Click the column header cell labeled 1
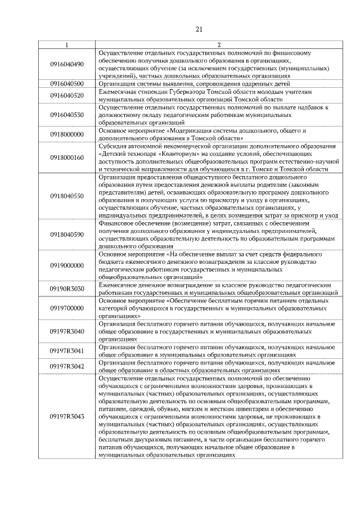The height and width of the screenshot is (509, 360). [67, 44]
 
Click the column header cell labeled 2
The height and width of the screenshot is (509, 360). [219, 44]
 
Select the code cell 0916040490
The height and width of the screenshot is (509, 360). [67, 65]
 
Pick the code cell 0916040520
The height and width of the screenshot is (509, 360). [67, 95]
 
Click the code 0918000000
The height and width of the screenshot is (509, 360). [67, 134]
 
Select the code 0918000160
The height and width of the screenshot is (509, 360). [67, 157]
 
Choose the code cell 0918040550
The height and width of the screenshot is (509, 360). [67, 196]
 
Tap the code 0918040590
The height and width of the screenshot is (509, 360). [67, 234]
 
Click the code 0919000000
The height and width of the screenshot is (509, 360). [67, 265]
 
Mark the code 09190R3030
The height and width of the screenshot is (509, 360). [67, 289]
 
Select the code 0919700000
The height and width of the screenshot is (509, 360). [67, 308]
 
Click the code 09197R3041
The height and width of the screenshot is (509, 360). [67, 351]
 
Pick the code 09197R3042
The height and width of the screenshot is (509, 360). [67, 367]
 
